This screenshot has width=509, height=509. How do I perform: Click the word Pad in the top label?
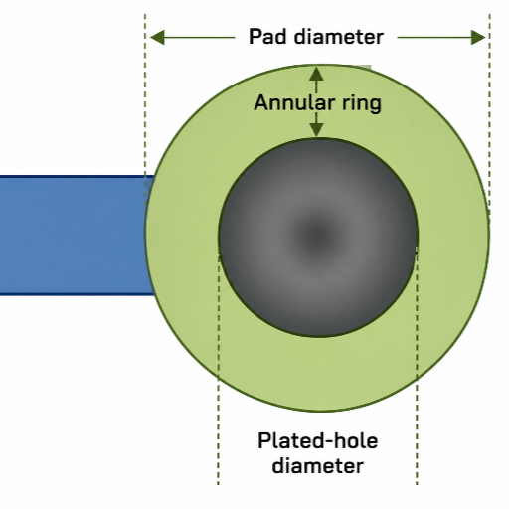(x=267, y=36)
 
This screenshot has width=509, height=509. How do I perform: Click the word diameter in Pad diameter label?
(x=339, y=36)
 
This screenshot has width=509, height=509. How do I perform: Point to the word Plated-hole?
(x=318, y=440)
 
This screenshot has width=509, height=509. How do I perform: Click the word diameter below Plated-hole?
(x=318, y=465)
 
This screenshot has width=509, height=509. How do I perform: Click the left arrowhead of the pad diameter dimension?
(x=157, y=37)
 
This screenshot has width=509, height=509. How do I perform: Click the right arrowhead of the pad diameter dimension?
(x=478, y=37)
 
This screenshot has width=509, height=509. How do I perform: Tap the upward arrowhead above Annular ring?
(x=316, y=74)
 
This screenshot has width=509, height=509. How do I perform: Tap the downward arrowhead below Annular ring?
(x=316, y=129)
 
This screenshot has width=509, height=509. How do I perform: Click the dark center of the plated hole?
(x=317, y=236)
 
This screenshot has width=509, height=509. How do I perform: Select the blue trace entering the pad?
(x=76, y=236)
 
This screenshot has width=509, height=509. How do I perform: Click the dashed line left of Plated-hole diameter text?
(x=218, y=368)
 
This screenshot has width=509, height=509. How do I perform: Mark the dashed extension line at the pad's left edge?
(x=145, y=109)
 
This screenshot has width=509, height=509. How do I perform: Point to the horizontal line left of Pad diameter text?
(x=192, y=37)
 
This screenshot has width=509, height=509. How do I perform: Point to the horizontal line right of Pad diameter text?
(x=441, y=37)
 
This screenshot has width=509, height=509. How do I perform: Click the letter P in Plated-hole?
(x=264, y=440)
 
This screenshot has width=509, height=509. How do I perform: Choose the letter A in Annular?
(x=261, y=102)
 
